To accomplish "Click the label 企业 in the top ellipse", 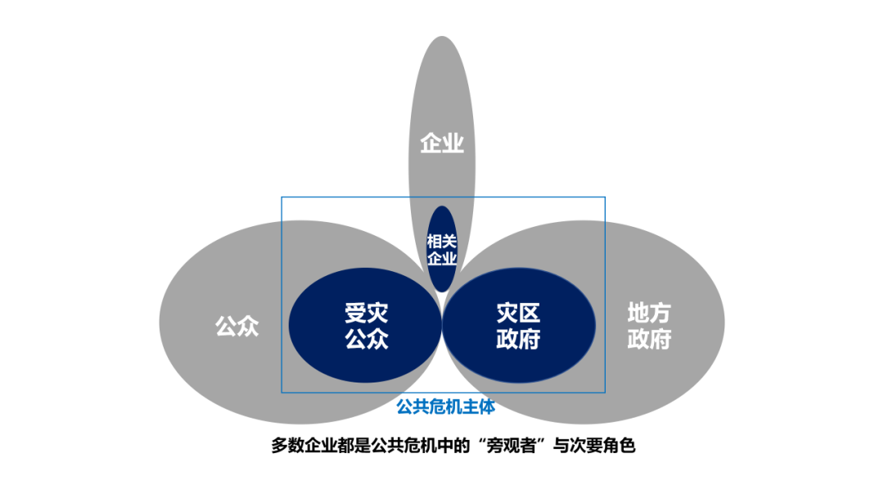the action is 442,144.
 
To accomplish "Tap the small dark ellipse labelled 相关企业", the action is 442,249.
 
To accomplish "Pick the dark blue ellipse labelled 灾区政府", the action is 518,325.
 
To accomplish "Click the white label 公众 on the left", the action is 237,327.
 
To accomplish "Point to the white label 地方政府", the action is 649,325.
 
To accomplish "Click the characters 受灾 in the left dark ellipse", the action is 366,313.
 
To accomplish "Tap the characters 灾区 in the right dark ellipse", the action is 518,313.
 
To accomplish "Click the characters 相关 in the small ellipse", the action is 442,241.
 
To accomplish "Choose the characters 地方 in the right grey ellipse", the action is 649,313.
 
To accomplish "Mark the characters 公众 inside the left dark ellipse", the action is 366,338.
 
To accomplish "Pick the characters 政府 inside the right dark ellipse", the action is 518,338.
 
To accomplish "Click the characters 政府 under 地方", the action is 649,338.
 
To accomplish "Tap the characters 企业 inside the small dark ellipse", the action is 442,258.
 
